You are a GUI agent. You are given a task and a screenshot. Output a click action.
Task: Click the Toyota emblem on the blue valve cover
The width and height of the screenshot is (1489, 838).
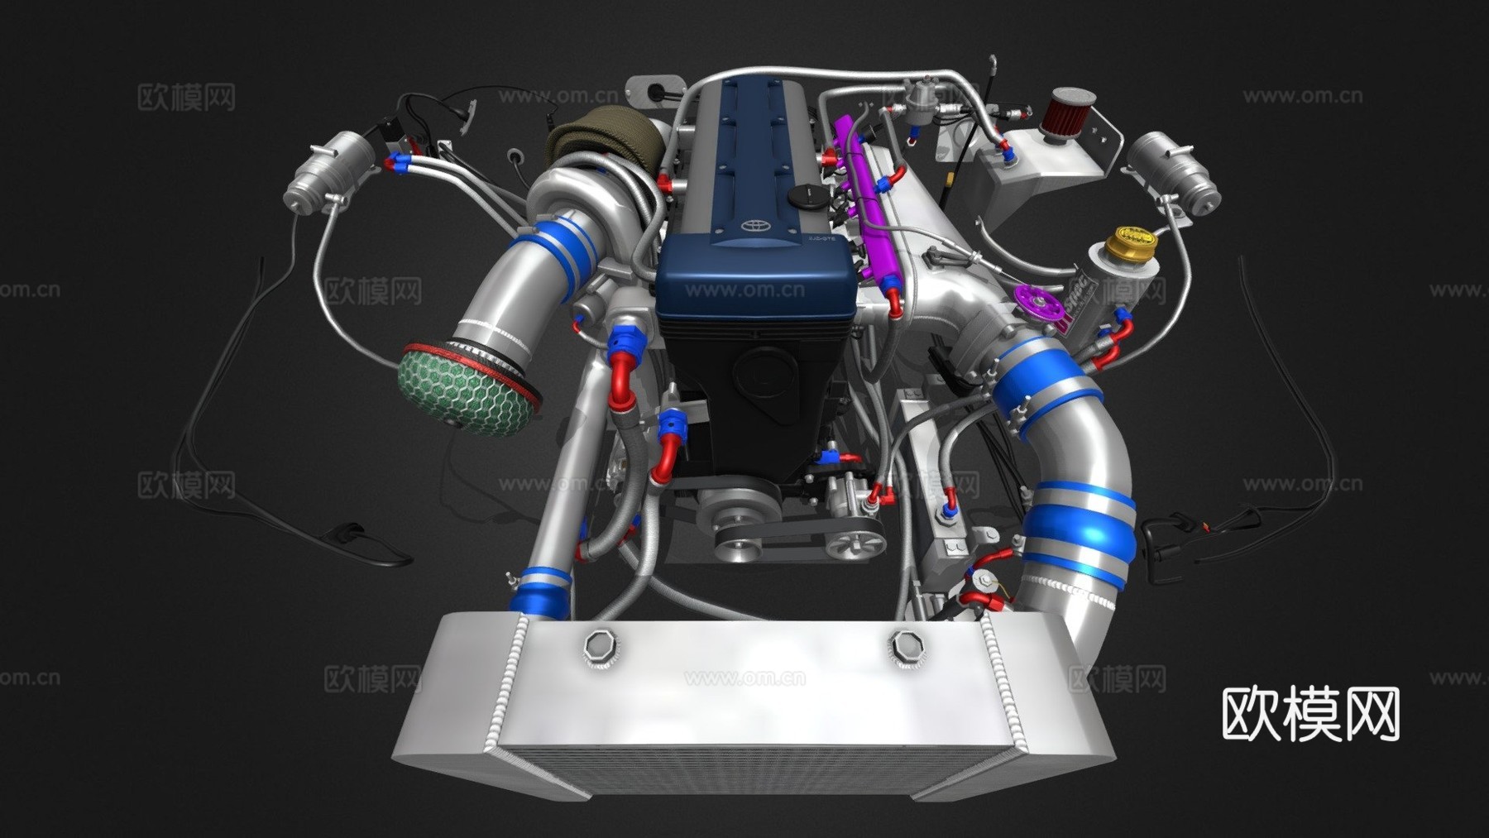(753, 226)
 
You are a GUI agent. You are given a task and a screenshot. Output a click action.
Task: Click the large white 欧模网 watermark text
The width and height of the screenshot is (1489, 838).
(1310, 714)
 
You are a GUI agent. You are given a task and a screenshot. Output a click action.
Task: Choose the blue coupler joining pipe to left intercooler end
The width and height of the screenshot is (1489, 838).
(542, 593)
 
